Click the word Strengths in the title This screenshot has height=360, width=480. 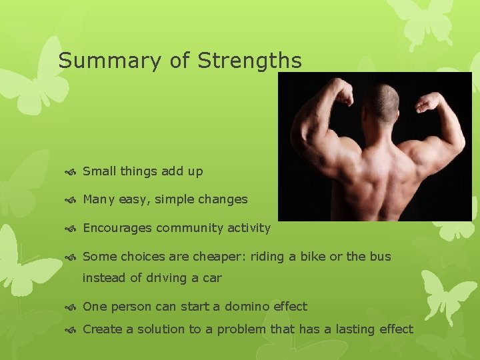tap(249, 61)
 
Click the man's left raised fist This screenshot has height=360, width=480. tap(343, 94)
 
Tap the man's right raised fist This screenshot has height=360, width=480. tap(428, 101)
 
